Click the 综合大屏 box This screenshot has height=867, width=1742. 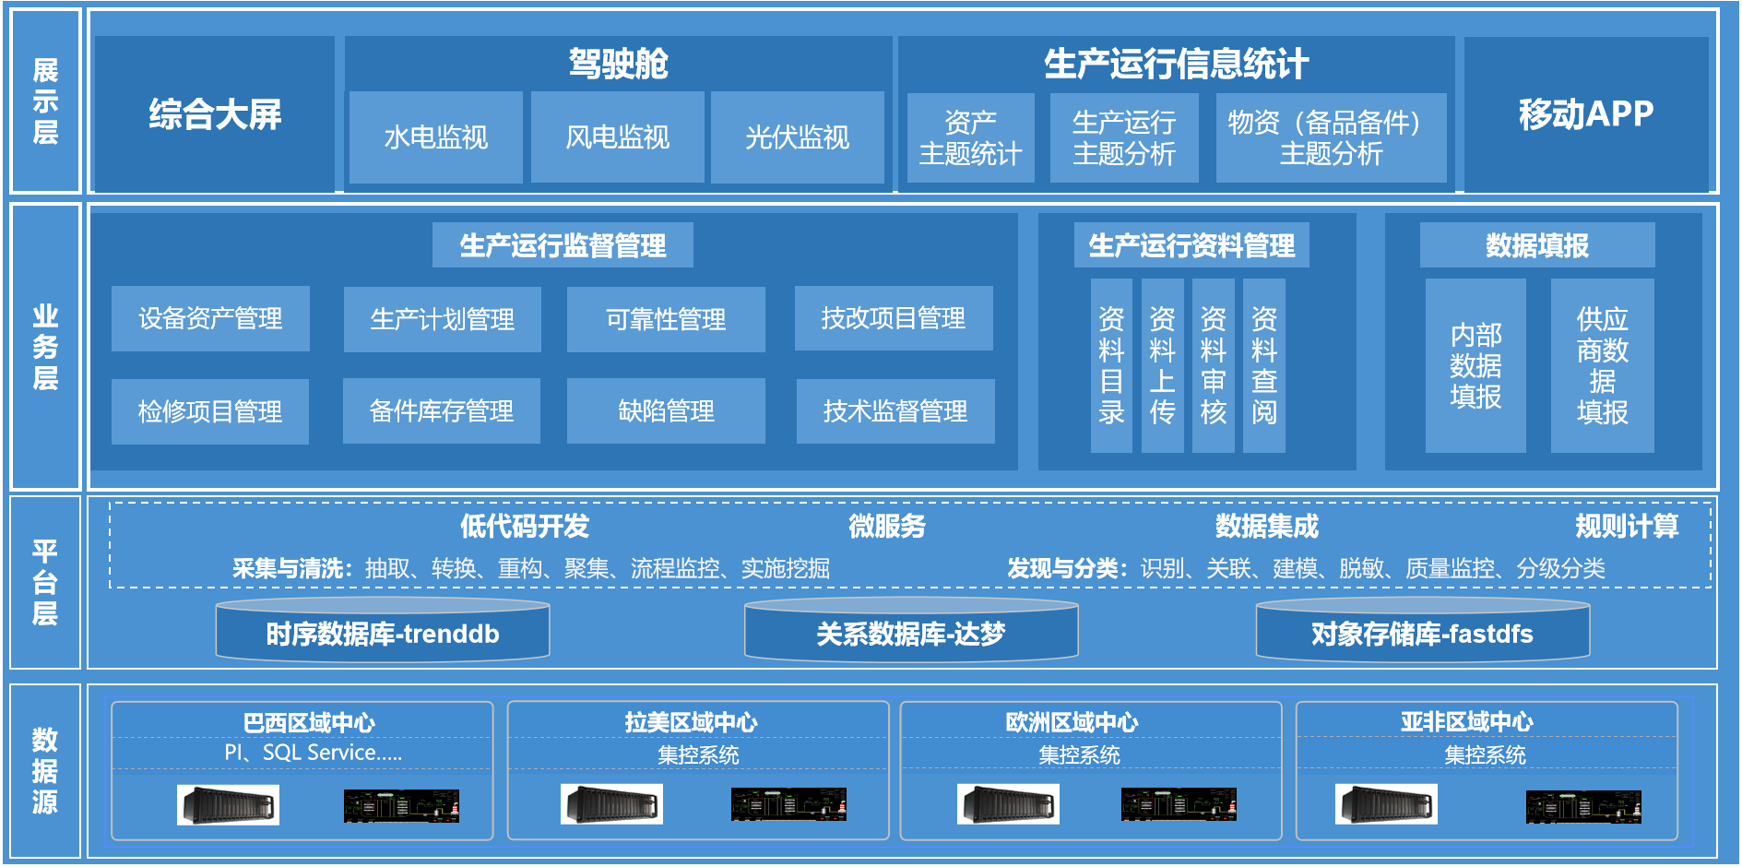tap(215, 114)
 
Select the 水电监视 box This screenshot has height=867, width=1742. tap(435, 137)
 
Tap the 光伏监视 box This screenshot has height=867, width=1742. tap(798, 137)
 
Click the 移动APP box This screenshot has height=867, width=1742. tap(1586, 114)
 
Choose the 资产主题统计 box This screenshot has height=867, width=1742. tap(971, 137)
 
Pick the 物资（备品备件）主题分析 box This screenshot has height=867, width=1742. tap(1331, 137)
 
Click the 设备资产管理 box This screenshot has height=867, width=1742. tap(210, 318)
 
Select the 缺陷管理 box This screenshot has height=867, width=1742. tap(666, 410)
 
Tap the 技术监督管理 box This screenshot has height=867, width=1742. tap(895, 410)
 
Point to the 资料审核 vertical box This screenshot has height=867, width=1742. tap(1214, 365)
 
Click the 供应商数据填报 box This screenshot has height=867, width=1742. tap(1603, 365)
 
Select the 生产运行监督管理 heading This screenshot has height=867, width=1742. tap(563, 245)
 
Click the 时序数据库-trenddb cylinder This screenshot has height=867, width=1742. tap(383, 630)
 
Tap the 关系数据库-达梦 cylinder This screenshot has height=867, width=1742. tap(911, 630)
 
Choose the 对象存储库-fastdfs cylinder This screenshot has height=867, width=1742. tap(1423, 630)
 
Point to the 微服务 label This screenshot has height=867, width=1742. tap(887, 526)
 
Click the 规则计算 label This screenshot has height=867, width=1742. tap(1627, 526)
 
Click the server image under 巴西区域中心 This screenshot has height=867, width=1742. tap(228, 805)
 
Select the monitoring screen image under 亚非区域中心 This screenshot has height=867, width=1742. tap(1583, 807)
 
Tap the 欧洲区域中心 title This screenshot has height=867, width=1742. tap(1072, 722)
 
